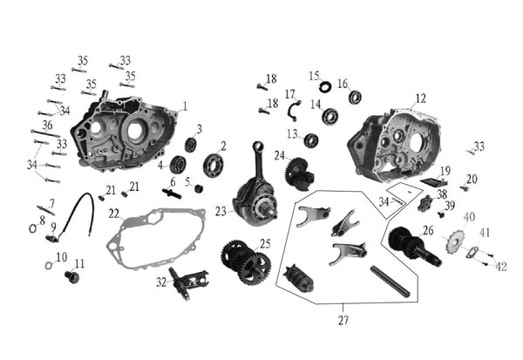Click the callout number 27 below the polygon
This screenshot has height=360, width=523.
(x=343, y=320)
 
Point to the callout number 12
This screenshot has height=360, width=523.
(x=421, y=98)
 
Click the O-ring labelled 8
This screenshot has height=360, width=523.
(x=33, y=228)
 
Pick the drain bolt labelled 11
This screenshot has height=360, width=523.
(x=72, y=277)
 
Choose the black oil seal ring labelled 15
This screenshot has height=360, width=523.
(x=325, y=87)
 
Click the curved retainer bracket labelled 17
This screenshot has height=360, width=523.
(x=295, y=110)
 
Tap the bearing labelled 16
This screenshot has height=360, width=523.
(x=356, y=97)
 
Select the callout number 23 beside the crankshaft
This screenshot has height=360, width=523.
(x=221, y=212)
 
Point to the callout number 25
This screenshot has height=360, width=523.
(x=265, y=244)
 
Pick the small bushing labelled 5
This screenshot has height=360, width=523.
(x=199, y=188)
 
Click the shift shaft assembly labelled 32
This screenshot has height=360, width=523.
(x=188, y=282)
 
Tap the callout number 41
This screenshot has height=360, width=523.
(x=485, y=233)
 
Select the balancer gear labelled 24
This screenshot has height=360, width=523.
(x=299, y=174)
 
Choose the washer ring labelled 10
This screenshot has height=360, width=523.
(x=49, y=266)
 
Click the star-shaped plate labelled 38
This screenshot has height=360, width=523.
(x=425, y=204)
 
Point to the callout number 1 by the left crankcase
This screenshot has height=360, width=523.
(x=185, y=106)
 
